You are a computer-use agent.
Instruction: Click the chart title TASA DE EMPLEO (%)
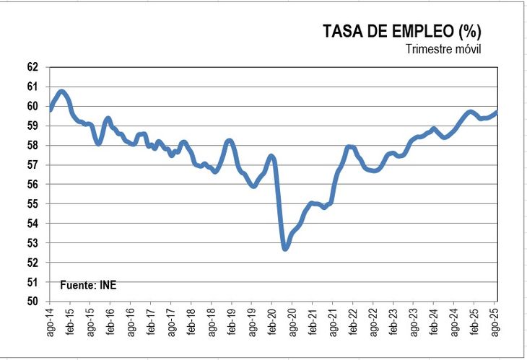coord(401,31)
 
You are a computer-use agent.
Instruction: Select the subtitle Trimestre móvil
coord(443,49)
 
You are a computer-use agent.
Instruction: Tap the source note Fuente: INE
coord(87,285)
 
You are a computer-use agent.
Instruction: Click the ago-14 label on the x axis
coord(50,322)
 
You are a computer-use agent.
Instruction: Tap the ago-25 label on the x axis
coord(495,322)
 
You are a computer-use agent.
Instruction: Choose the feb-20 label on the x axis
coord(272,322)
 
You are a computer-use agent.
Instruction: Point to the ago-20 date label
coord(292,322)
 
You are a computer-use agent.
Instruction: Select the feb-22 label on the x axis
coord(354,322)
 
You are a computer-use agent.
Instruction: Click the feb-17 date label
coord(151,322)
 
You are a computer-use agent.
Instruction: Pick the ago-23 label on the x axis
coord(414,322)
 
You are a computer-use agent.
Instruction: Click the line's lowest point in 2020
coord(285,248)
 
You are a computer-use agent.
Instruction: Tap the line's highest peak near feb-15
coord(62,92)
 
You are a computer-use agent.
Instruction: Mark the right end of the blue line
coord(497,112)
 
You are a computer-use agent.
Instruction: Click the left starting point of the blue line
coord(50,109)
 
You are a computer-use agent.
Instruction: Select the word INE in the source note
coord(107,285)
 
